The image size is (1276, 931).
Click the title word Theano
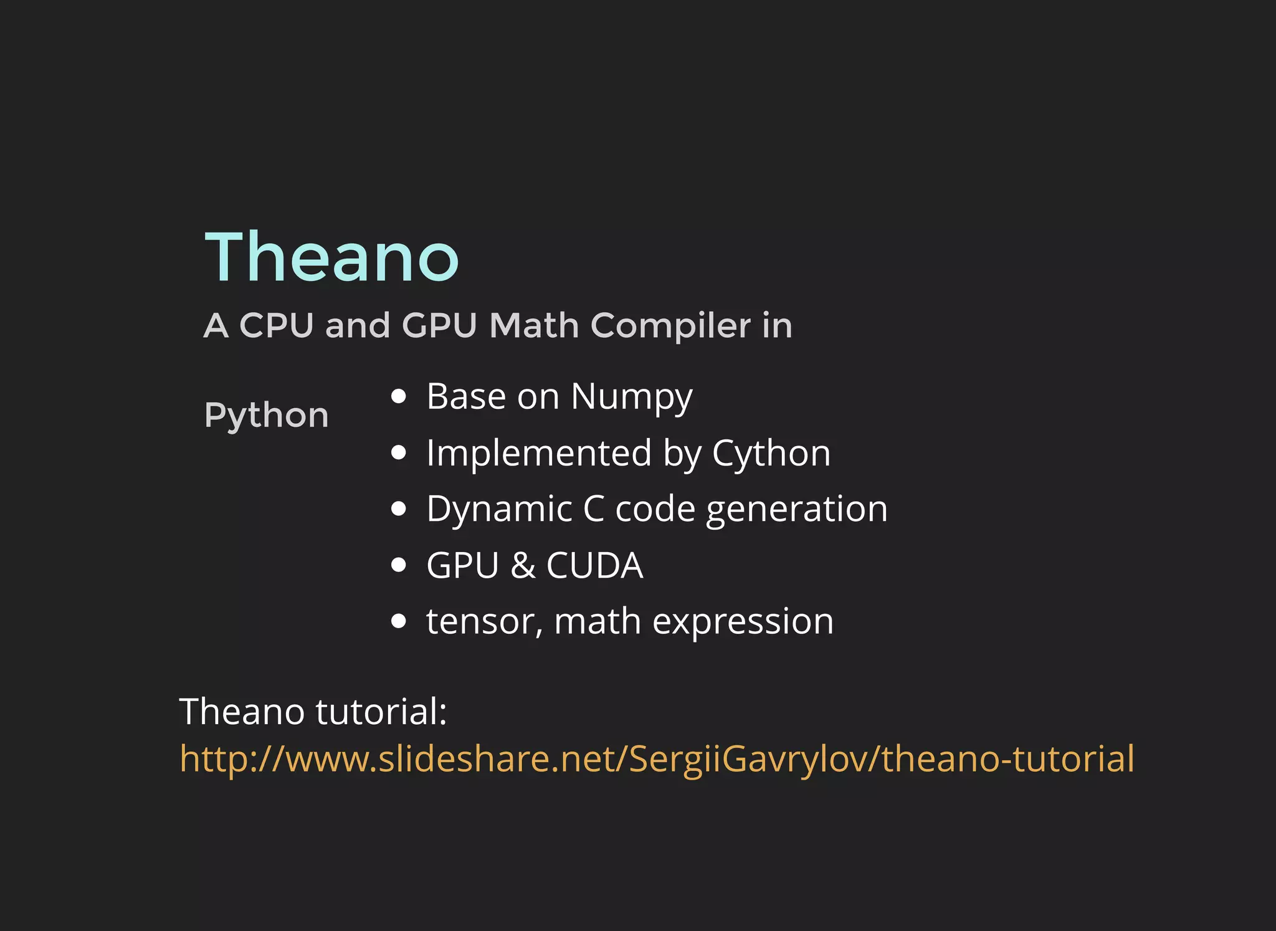(331, 257)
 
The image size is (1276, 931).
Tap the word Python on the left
(266, 416)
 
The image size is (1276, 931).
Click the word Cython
(771, 453)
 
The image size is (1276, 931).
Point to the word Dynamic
(499, 509)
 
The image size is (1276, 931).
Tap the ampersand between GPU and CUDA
(523, 566)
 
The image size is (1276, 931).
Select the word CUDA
(594, 566)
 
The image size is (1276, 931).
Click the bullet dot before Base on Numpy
(399, 396)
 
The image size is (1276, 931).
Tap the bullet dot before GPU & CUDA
(399, 565)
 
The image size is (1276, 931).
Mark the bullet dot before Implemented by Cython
(399, 452)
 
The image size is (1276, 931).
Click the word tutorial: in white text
(381, 712)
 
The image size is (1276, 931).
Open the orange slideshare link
(657, 759)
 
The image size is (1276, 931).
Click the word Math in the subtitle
(534, 326)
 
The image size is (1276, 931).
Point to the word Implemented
(538, 453)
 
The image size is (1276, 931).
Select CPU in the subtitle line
(276, 326)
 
